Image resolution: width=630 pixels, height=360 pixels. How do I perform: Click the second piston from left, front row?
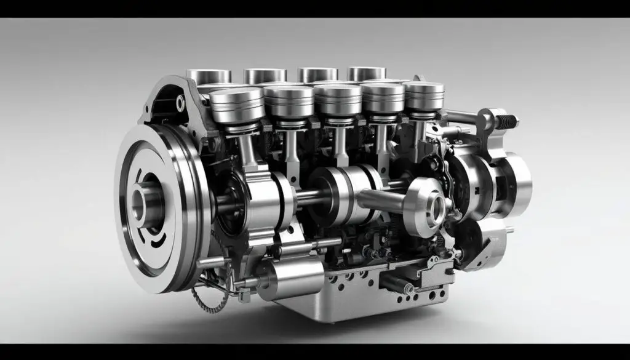point(289,102)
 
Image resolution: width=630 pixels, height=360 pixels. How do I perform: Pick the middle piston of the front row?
point(337,100)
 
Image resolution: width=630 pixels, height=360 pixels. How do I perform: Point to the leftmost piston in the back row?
point(209,76)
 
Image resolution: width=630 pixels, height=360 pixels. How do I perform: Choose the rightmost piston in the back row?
point(367,73)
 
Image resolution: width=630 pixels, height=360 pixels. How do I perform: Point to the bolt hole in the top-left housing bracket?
point(180,103)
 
